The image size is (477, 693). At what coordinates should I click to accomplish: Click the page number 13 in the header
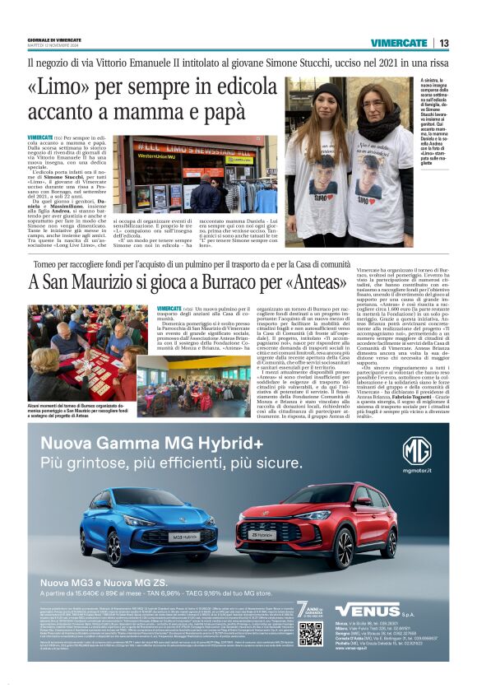(x=443, y=43)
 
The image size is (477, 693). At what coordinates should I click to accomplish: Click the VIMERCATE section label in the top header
(x=398, y=43)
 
